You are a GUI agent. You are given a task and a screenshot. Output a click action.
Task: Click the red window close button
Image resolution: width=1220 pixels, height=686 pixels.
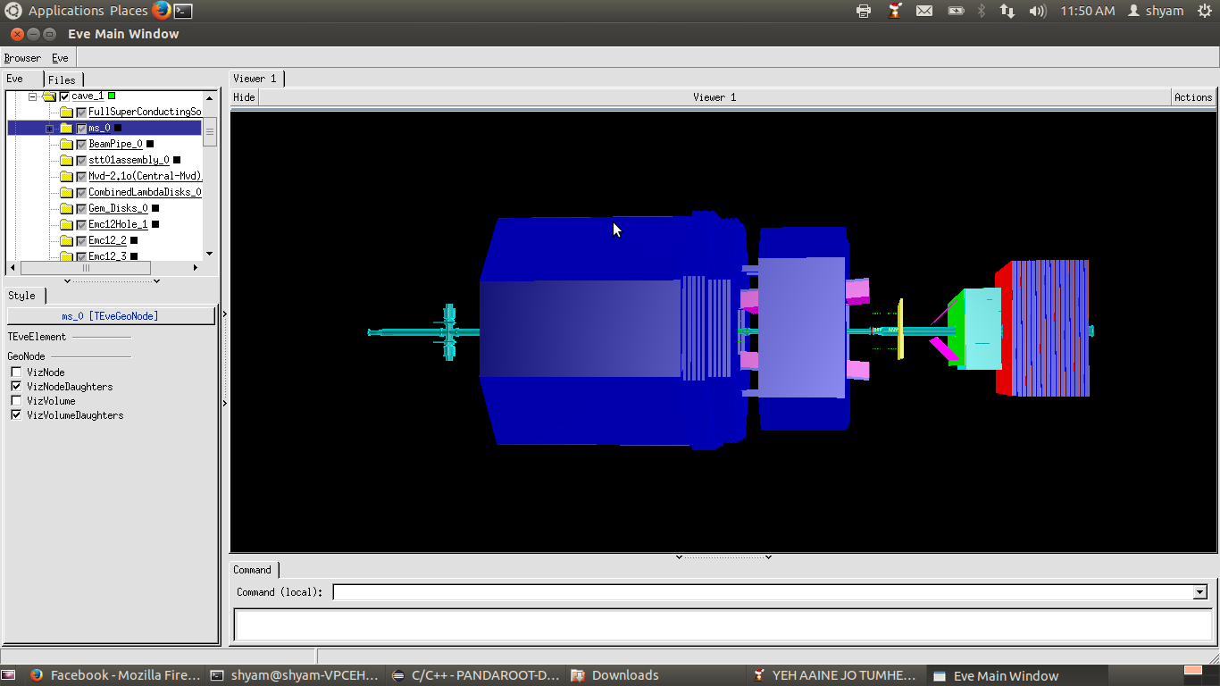click(17, 34)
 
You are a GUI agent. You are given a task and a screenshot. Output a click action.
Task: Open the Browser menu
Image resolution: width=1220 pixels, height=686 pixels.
click(22, 58)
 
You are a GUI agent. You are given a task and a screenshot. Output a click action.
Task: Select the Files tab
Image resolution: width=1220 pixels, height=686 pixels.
click(63, 80)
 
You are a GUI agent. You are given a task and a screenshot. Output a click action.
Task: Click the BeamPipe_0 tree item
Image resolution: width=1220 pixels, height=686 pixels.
click(115, 144)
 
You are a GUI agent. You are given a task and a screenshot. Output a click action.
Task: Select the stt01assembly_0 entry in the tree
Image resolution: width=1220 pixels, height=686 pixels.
click(130, 160)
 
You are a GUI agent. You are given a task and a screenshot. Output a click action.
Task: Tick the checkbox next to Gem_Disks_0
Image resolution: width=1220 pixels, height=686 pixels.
click(81, 209)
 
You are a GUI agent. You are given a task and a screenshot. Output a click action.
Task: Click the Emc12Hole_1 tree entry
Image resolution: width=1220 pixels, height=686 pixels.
click(118, 224)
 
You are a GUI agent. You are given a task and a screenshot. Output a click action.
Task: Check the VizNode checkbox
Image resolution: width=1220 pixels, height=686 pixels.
click(16, 372)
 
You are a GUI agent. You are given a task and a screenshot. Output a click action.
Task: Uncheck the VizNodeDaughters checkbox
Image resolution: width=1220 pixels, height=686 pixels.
click(16, 386)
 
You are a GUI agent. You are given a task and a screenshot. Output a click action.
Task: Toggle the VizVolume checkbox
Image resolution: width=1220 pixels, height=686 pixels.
click(16, 400)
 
